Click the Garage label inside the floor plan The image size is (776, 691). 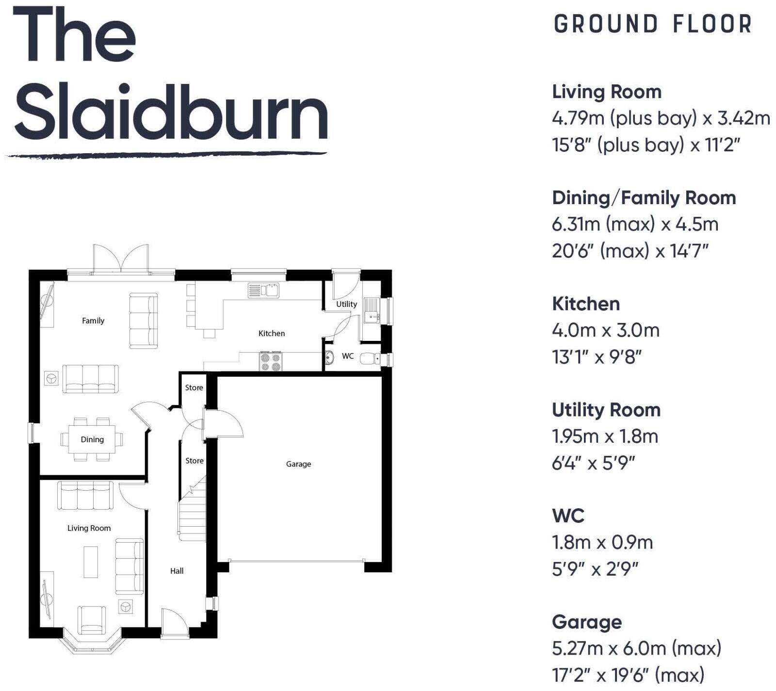(x=298, y=464)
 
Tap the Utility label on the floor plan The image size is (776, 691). (x=346, y=304)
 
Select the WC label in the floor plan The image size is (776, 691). (x=348, y=356)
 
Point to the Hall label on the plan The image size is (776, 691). (x=177, y=571)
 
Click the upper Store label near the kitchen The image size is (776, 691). (x=194, y=387)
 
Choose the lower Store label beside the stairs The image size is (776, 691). (x=194, y=460)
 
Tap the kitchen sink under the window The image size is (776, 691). (x=263, y=290)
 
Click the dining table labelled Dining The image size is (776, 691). (x=92, y=439)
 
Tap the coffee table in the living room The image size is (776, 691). (x=91, y=562)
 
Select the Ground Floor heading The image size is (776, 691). (x=652, y=24)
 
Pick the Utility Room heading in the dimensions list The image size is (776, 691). (x=606, y=410)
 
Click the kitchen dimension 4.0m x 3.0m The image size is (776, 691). (x=605, y=331)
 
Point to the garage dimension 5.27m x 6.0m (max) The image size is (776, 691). (x=636, y=648)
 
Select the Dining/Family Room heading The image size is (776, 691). (x=644, y=198)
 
